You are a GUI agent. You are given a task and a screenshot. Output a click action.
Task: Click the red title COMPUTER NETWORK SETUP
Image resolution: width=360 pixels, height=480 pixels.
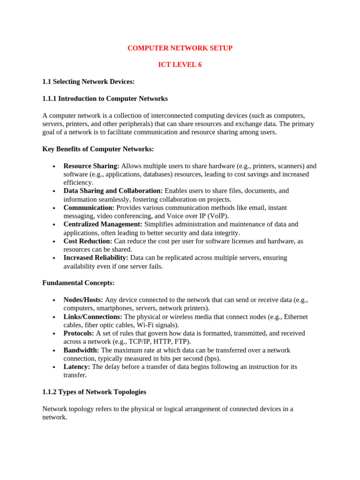(180, 48)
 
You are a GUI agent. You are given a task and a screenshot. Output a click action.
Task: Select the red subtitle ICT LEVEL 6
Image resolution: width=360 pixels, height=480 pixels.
(180, 65)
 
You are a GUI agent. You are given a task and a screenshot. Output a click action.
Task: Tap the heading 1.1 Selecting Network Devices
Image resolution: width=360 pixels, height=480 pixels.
(89, 82)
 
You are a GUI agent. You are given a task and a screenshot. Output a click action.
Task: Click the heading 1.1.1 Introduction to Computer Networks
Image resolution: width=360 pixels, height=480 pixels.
(105, 98)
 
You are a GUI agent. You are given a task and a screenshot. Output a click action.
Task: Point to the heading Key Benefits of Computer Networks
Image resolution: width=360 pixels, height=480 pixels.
(98, 149)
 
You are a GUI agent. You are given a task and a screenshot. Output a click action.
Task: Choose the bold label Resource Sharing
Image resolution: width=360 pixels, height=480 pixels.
(91, 166)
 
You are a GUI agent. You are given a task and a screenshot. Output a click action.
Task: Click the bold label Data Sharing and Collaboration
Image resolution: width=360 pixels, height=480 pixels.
(113, 191)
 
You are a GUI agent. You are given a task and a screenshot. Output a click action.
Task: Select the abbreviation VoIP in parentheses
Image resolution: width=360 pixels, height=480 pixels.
(218, 216)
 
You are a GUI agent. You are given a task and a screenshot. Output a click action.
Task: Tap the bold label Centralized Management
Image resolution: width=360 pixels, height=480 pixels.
(103, 225)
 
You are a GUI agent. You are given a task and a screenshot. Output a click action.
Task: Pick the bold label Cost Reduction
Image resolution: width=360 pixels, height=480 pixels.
(88, 241)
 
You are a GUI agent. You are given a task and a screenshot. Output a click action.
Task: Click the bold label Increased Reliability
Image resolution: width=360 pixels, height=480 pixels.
(96, 258)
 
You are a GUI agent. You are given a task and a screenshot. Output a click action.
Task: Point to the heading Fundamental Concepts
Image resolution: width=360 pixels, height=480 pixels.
(78, 283)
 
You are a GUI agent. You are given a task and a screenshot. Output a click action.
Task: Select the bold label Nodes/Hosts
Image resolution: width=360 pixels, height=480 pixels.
(83, 300)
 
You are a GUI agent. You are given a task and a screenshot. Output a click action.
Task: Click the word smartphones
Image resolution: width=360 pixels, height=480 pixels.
(114, 308)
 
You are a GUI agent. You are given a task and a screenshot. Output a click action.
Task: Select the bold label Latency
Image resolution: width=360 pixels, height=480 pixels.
(77, 367)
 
